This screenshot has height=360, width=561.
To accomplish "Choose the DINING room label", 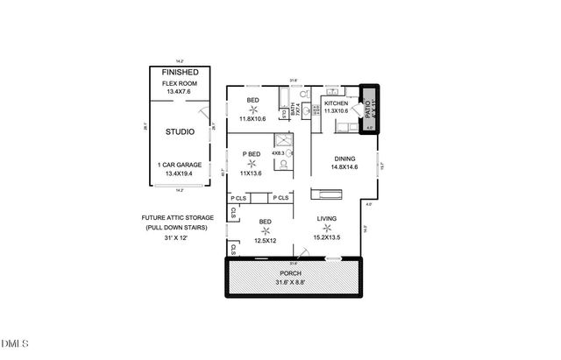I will click(x=343, y=158).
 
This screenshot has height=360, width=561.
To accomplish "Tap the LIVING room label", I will click(x=328, y=219).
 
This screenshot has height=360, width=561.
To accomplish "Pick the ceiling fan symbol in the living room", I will click(x=327, y=230).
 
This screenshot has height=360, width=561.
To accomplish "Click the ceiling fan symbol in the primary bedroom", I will click(x=252, y=164).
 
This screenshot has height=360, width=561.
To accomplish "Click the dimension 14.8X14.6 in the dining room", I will click(x=344, y=167).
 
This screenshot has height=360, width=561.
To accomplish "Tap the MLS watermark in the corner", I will click(x=15, y=342).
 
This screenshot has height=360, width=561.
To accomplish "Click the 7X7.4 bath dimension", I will click(x=295, y=110).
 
